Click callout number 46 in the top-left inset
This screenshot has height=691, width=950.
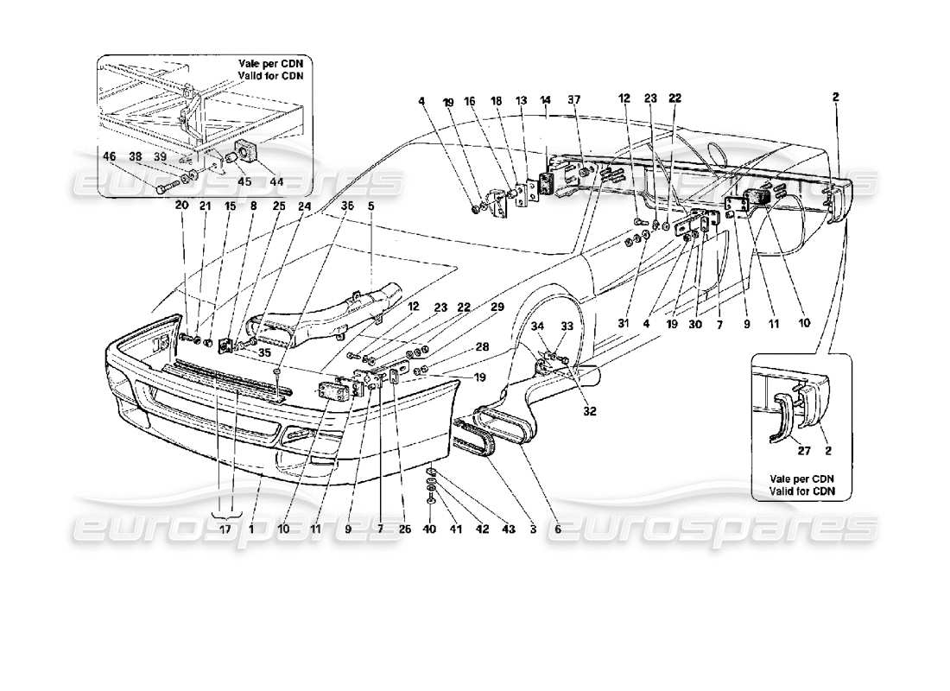(x=109, y=158)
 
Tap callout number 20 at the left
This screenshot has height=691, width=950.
(x=180, y=206)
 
